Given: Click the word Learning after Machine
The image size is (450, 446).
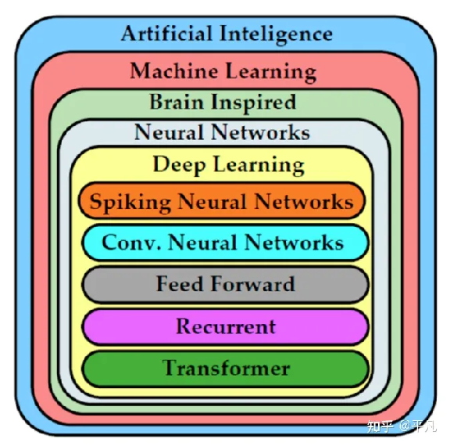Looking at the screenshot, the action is pos(271,73).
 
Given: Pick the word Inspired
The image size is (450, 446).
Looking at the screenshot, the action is pos(254,103).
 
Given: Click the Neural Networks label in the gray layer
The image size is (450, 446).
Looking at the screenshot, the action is pos(222,132).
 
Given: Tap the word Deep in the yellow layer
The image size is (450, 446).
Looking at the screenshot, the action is pos(179,165).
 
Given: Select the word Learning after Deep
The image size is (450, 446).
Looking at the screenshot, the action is pos(259,166).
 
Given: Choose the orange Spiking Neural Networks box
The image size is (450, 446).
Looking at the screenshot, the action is pos(222,200).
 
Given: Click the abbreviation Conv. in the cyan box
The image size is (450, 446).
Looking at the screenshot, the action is pos(131,243).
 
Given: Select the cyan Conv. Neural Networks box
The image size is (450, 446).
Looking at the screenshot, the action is pos(225,243).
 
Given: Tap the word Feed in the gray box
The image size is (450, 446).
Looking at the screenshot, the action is pos(180,284).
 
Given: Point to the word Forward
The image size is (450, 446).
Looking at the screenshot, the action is pos(253,284).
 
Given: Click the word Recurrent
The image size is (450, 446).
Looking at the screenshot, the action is pos(226,327).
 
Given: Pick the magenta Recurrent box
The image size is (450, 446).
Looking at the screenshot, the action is pos(225,327).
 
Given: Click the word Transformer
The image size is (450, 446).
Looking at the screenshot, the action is pos(226,368).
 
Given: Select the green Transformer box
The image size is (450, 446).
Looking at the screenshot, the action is pos(225,369).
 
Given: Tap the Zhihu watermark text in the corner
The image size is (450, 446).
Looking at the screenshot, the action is pos(402,426).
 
